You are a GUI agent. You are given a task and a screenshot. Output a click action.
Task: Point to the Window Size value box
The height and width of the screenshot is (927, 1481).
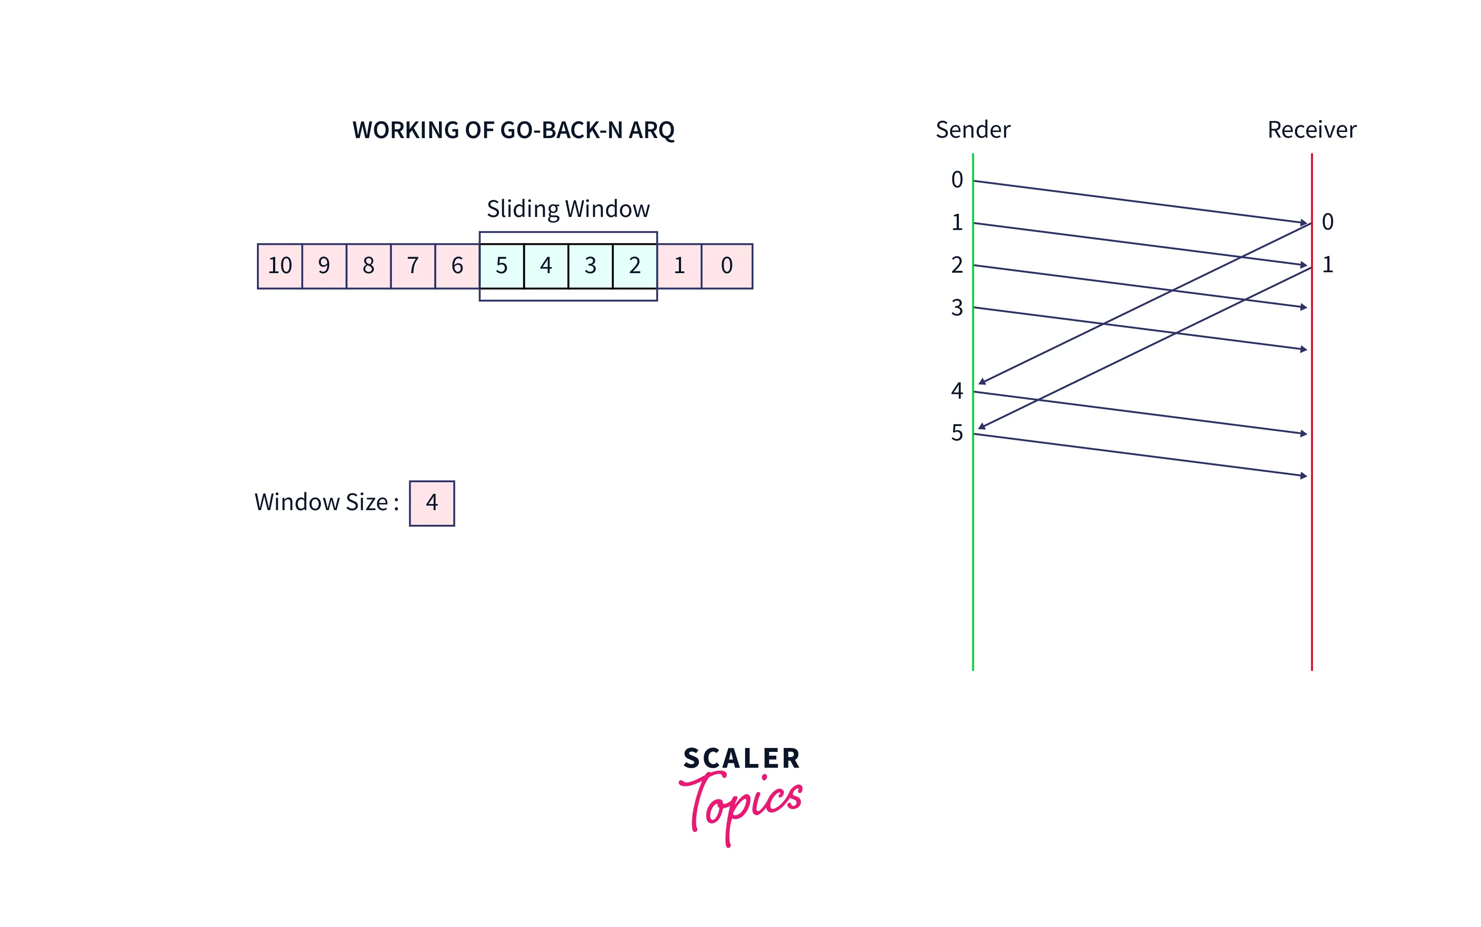pyautogui.click(x=432, y=503)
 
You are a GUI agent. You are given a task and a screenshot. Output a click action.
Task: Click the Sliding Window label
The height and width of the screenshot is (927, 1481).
pyautogui.click(x=568, y=209)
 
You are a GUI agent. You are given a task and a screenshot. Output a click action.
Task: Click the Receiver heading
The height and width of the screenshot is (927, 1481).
pyautogui.click(x=1312, y=130)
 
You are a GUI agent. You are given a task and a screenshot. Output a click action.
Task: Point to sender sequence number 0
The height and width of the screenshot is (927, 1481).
pyautogui.click(x=957, y=179)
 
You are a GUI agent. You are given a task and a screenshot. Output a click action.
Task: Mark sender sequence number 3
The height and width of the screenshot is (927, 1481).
pyautogui.click(x=957, y=308)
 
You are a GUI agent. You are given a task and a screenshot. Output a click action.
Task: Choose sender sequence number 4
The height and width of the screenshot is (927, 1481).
pyautogui.click(x=957, y=391)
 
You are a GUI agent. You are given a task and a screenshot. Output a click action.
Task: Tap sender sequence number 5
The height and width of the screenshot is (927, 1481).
pyautogui.click(x=957, y=433)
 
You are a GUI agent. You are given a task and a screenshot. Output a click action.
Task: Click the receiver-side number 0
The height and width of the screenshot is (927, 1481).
pyautogui.click(x=1328, y=222)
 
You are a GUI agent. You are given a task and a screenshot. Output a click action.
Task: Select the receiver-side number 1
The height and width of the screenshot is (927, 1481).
pyautogui.click(x=1328, y=265)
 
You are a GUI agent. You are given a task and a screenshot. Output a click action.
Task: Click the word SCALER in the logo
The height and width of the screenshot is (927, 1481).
pyautogui.click(x=742, y=759)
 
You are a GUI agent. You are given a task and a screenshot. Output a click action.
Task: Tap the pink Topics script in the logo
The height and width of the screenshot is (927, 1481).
pyautogui.click(x=742, y=803)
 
